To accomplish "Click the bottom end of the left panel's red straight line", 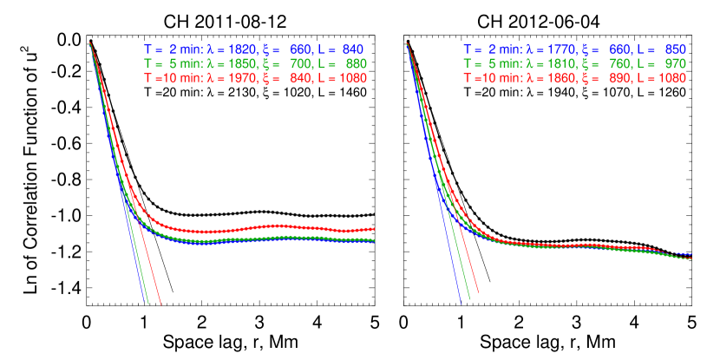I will point(160,303).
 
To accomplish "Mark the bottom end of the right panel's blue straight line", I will point(459,303).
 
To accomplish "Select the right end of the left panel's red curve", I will point(374,228).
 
